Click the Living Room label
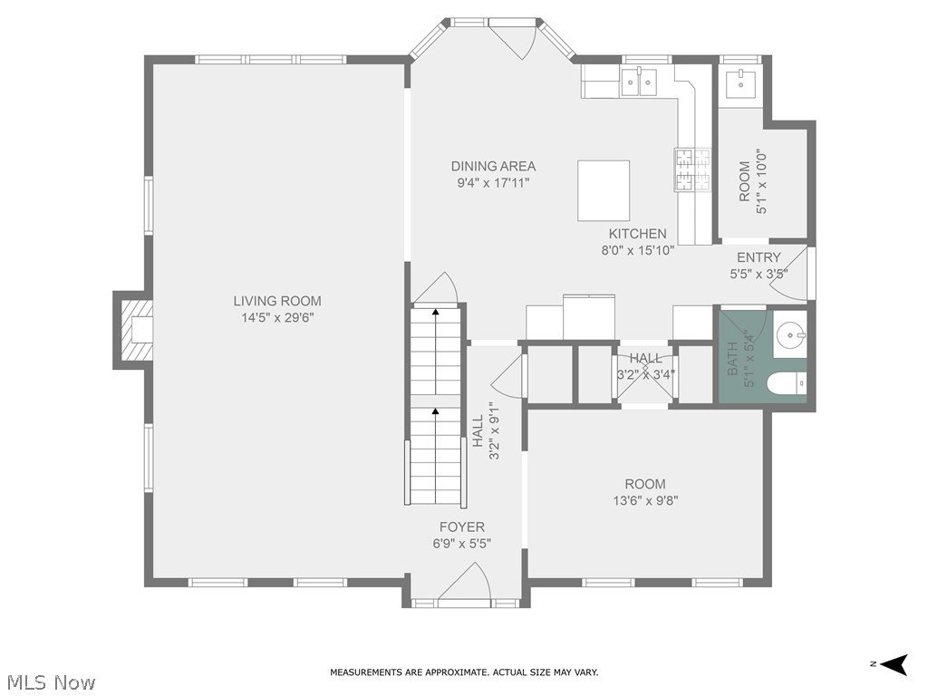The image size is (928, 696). (277, 301)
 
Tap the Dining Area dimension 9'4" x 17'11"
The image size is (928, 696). (493, 183)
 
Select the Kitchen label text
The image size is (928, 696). (637, 234)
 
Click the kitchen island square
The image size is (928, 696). (604, 190)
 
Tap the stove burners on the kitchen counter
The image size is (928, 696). (691, 169)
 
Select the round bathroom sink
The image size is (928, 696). (790, 335)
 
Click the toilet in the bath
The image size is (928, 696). (787, 383)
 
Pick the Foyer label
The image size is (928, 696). (461, 527)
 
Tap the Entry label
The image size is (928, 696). (759, 257)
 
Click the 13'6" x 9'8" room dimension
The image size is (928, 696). (645, 500)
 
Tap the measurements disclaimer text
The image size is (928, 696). (464, 672)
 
